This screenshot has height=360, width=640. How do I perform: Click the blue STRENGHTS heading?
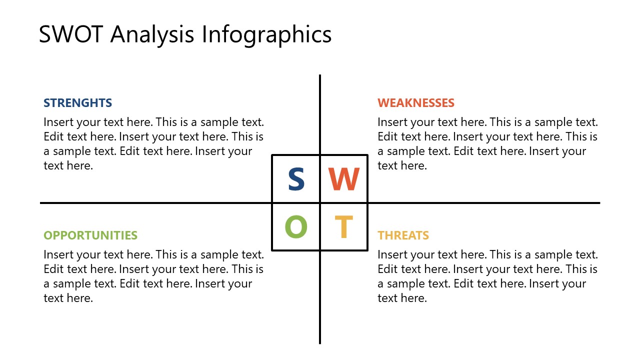tap(77, 103)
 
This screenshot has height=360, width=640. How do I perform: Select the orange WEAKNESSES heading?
tap(416, 103)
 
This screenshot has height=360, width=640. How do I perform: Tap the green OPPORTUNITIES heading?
tap(90, 235)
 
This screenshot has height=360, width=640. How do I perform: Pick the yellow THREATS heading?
tap(403, 235)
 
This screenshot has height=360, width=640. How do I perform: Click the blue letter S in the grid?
tap(296, 179)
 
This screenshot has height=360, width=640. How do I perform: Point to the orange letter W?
tap(344, 179)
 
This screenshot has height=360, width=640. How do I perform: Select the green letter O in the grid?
tap(296, 227)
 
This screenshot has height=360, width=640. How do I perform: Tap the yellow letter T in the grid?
tap(344, 227)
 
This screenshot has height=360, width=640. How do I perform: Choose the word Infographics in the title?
tap(266, 35)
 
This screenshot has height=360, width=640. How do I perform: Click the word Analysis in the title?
tap(152, 35)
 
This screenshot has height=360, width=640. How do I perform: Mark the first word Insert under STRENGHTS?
tap(57, 122)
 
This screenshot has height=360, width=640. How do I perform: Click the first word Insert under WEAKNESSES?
tap(391, 122)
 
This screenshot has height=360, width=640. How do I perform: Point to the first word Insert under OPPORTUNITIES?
tap(57, 255)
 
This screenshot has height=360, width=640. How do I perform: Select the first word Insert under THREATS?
tap(391, 255)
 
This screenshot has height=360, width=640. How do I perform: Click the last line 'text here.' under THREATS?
tap(402, 298)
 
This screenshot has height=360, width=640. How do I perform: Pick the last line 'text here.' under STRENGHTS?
tap(68, 166)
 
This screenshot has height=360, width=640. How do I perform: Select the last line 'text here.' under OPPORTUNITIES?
tap(68, 298)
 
